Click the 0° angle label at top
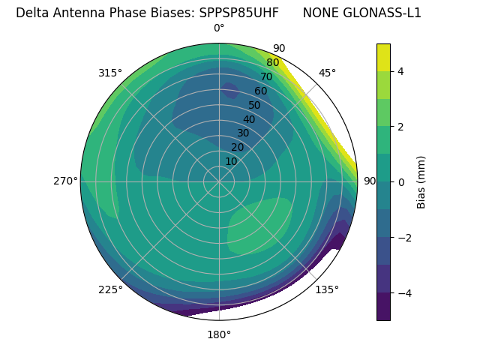(x=219, y=28)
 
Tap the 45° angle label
(x=327, y=73)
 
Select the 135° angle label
(x=327, y=289)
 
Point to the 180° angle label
(x=219, y=334)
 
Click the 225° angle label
(x=110, y=289)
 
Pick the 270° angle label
(x=66, y=181)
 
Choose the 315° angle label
(x=110, y=73)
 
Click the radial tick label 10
(x=231, y=161)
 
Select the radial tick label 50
(x=254, y=105)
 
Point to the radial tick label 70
(x=266, y=76)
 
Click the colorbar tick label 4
(x=401, y=71)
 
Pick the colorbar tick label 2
(x=401, y=127)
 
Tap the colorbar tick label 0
(x=401, y=182)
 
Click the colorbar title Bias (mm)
(x=421, y=182)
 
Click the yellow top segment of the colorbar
(x=383, y=57)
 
